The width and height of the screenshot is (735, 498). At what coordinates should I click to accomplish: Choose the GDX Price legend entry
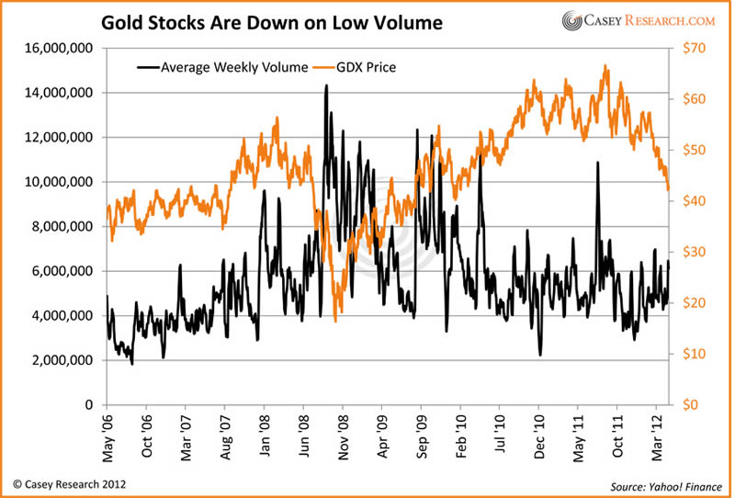click(x=352, y=67)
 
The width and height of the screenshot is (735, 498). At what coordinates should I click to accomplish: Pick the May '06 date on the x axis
click(x=107, y=434)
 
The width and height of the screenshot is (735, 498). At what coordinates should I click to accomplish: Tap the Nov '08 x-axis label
click(x=343, y=434)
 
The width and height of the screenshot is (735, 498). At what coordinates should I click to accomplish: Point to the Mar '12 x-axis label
click(x=657, y=434)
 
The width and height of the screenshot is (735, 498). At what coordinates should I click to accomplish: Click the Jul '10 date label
click(x=500, y=434)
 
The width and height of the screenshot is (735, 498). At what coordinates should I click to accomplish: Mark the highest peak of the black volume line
click(x=326, y=85)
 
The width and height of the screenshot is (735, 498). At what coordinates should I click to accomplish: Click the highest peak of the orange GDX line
click(x=605, y=66)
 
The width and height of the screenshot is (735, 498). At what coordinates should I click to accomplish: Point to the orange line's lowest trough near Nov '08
click(x=335, y=321)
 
